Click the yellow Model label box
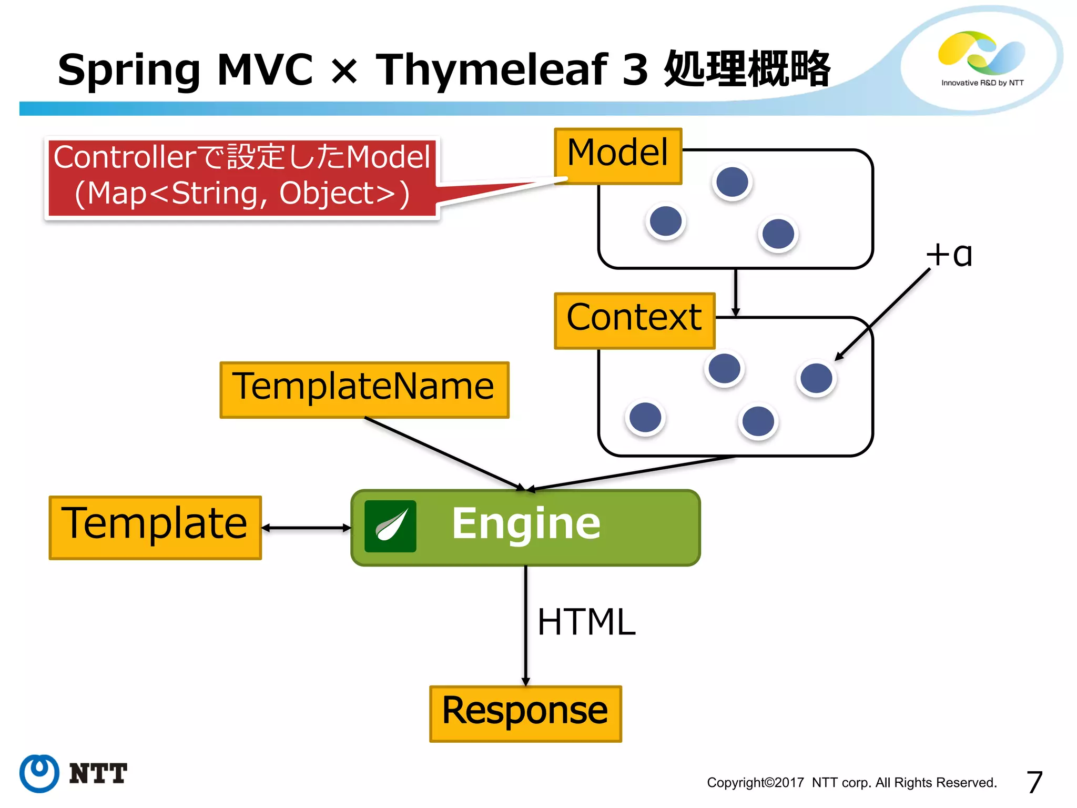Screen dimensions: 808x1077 pos(618,156)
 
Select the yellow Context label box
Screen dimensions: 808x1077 pos(634,320)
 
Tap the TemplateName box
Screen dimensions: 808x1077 pos(364,389)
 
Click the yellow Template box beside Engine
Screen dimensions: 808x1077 pos(155,527)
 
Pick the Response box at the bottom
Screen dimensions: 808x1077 pos(525,713)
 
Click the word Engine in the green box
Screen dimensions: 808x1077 pos(526,524)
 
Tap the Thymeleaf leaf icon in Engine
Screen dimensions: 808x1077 pos(390,526)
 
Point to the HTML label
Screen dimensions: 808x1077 pos(586,622)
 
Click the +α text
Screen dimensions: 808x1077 pos(949,256)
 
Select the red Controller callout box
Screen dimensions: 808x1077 pos(242,177)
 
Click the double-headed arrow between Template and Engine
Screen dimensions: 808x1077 pos(306,528)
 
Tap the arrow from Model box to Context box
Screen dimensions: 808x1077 pos(735,292)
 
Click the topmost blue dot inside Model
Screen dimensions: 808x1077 pos(732,182)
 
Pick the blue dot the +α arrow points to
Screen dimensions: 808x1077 pos(816,378)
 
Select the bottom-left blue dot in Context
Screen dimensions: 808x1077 pos(645,418)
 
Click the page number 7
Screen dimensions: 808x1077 pos(1034,782)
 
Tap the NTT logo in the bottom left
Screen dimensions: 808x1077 pos(74,773)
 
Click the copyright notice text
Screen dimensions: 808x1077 pos(851,783)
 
